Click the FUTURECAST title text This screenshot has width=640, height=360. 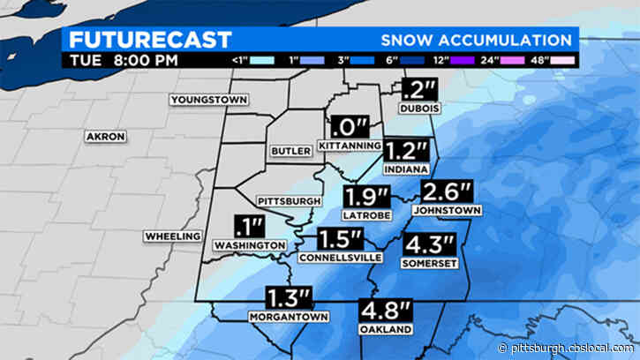pyautogui.click(x=151, y=40)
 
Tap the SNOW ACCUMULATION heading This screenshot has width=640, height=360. pyautogui.click(x=476, y=41)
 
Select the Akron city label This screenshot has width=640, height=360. pyautogui.click(x=106, y=137)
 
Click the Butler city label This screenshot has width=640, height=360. pyautogui.click(x=290, y=152)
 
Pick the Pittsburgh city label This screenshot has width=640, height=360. pyautogui.click(x=288, y=201)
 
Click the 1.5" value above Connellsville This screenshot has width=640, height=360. pyautogui.click(x=341, y=239)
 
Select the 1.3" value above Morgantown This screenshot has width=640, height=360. pyautogui.click(x=289, y=299)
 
